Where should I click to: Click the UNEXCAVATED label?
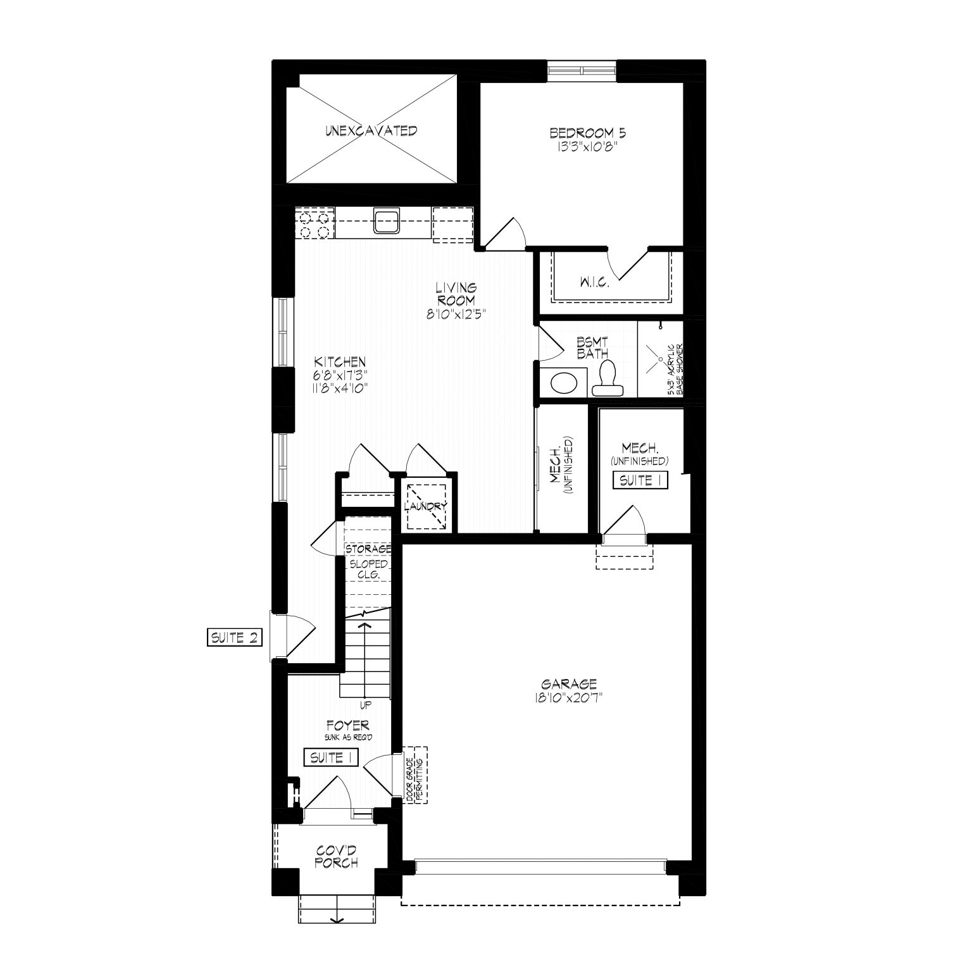tap(371, 131)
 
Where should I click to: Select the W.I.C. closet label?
tap(594, 283)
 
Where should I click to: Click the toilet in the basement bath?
tap(607, 377)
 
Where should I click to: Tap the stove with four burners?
tap(315, 224)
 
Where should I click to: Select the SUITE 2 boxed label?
tap(234, 637)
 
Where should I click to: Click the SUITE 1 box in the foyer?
tap(332, 757)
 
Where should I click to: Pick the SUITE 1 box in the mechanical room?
tap(641, 480)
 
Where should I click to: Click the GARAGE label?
tap(569, 684)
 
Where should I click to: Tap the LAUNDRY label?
tap(426, 506)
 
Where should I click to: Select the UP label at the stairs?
tap(365, 705)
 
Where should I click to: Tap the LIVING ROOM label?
tap(456, 295)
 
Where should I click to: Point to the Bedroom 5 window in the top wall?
tap(582, 70)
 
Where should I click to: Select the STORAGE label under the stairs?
tap(368, 549)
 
